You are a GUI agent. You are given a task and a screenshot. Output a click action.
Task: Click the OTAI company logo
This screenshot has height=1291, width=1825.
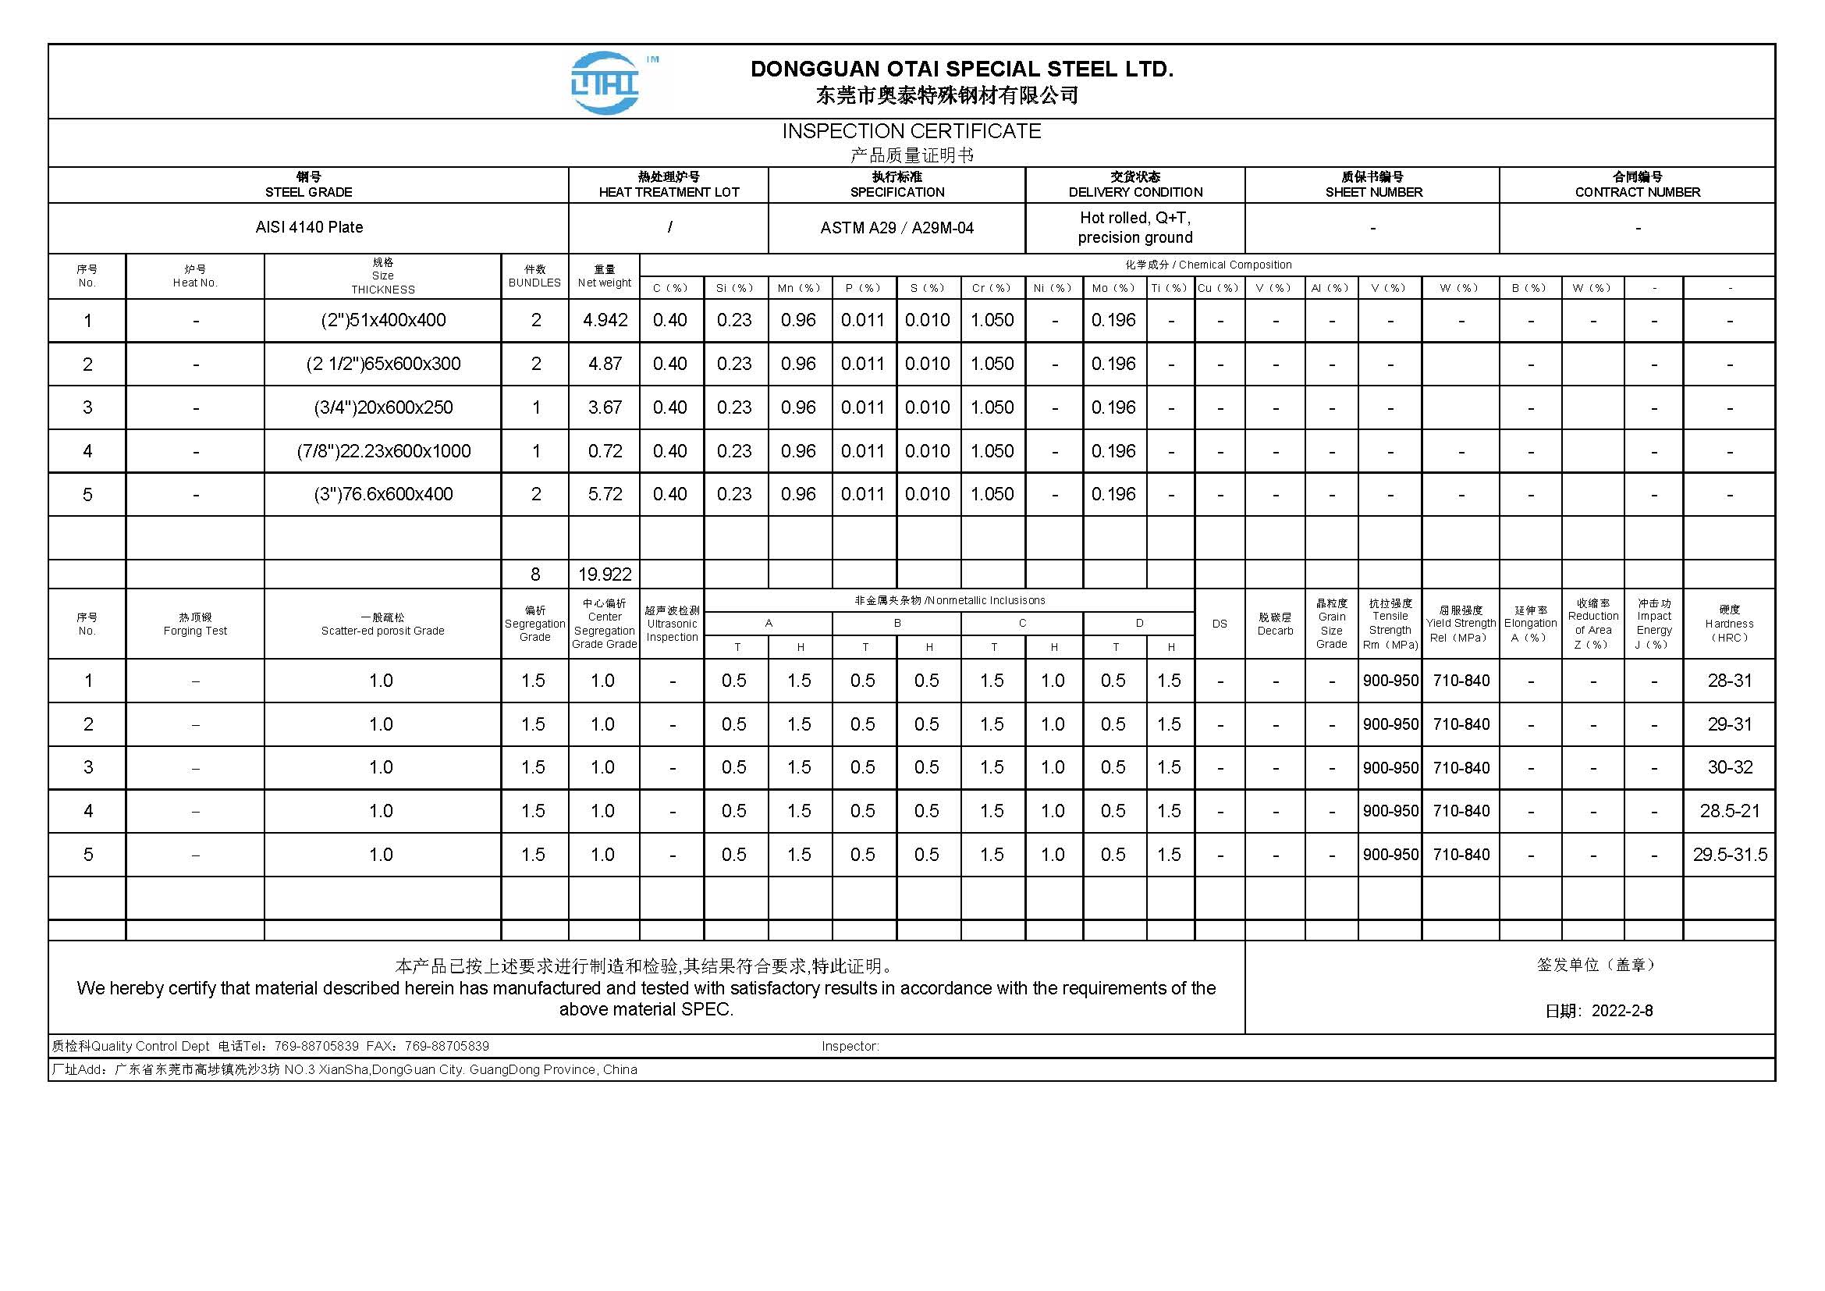click(x=605, y=82)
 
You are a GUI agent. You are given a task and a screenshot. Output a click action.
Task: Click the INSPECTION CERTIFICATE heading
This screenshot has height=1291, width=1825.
click(x=911, y=131)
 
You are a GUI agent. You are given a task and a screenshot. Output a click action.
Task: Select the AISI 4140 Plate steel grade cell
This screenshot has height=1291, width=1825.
click(x=309, y=227)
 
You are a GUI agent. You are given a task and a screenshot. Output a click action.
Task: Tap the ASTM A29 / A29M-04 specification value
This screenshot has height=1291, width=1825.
click(x=897, y=228)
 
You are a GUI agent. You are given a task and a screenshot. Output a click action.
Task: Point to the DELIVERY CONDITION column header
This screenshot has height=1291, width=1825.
click(x=1135, y=185)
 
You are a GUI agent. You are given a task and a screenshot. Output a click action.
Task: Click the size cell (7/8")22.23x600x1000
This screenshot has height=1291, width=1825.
click(x=383, y=451)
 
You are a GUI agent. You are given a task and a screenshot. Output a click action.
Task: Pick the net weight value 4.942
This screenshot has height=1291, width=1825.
click(x=605, y=320)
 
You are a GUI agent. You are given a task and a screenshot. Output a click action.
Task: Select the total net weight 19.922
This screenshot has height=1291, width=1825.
click(x=605, y=574)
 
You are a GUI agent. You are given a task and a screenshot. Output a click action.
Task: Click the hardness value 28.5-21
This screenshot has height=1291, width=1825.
click(x=1730, y=811)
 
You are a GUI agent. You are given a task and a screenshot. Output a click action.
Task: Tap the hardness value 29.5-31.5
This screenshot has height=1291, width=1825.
click(x=1730, y=855)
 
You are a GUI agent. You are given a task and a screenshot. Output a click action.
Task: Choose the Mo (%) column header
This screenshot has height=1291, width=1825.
click(x=1113, y=288)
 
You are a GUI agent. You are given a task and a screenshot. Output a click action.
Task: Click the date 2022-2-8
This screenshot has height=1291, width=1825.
click(x=1621, y=1010)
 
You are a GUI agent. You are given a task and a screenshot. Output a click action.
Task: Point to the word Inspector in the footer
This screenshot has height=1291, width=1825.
click(x=850, y=1046)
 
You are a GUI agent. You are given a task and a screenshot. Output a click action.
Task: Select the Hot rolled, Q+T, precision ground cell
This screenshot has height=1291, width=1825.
click(x=1135, y=227)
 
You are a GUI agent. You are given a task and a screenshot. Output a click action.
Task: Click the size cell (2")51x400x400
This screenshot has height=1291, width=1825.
click(x=383, y=320)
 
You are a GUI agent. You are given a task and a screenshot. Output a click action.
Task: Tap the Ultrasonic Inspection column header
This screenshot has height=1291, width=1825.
click(x=672, y=624)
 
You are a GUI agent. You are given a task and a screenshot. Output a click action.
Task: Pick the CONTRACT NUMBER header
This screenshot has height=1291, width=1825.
click(x=1638, y=185)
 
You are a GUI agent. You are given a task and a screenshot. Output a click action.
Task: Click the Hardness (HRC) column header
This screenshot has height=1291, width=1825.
click(x=1729, y=624)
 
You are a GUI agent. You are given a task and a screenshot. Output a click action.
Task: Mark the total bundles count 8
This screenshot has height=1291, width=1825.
click(x=535, y=574)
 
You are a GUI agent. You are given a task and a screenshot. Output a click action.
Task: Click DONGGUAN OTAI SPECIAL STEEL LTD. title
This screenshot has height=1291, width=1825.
click(x=962, y=69)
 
